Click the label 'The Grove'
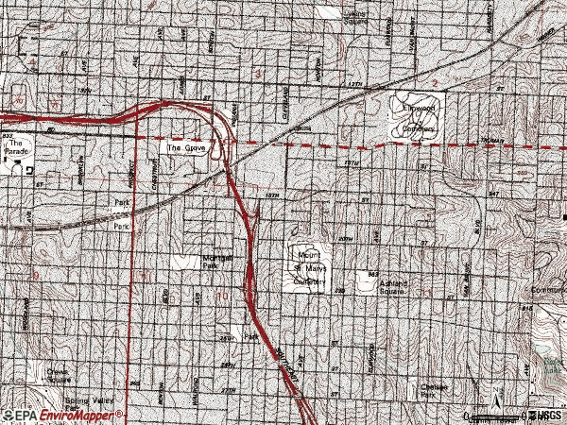point(187,148)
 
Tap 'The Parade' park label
point(21,149)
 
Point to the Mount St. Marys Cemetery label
point(312,267)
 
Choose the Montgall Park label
point(217,262)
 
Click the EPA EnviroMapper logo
point(63,416)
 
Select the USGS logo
point(546,416)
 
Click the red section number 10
point(223,297)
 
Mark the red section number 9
point(35,275)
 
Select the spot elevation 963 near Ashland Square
point(374,274)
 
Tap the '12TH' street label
point(355,85)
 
